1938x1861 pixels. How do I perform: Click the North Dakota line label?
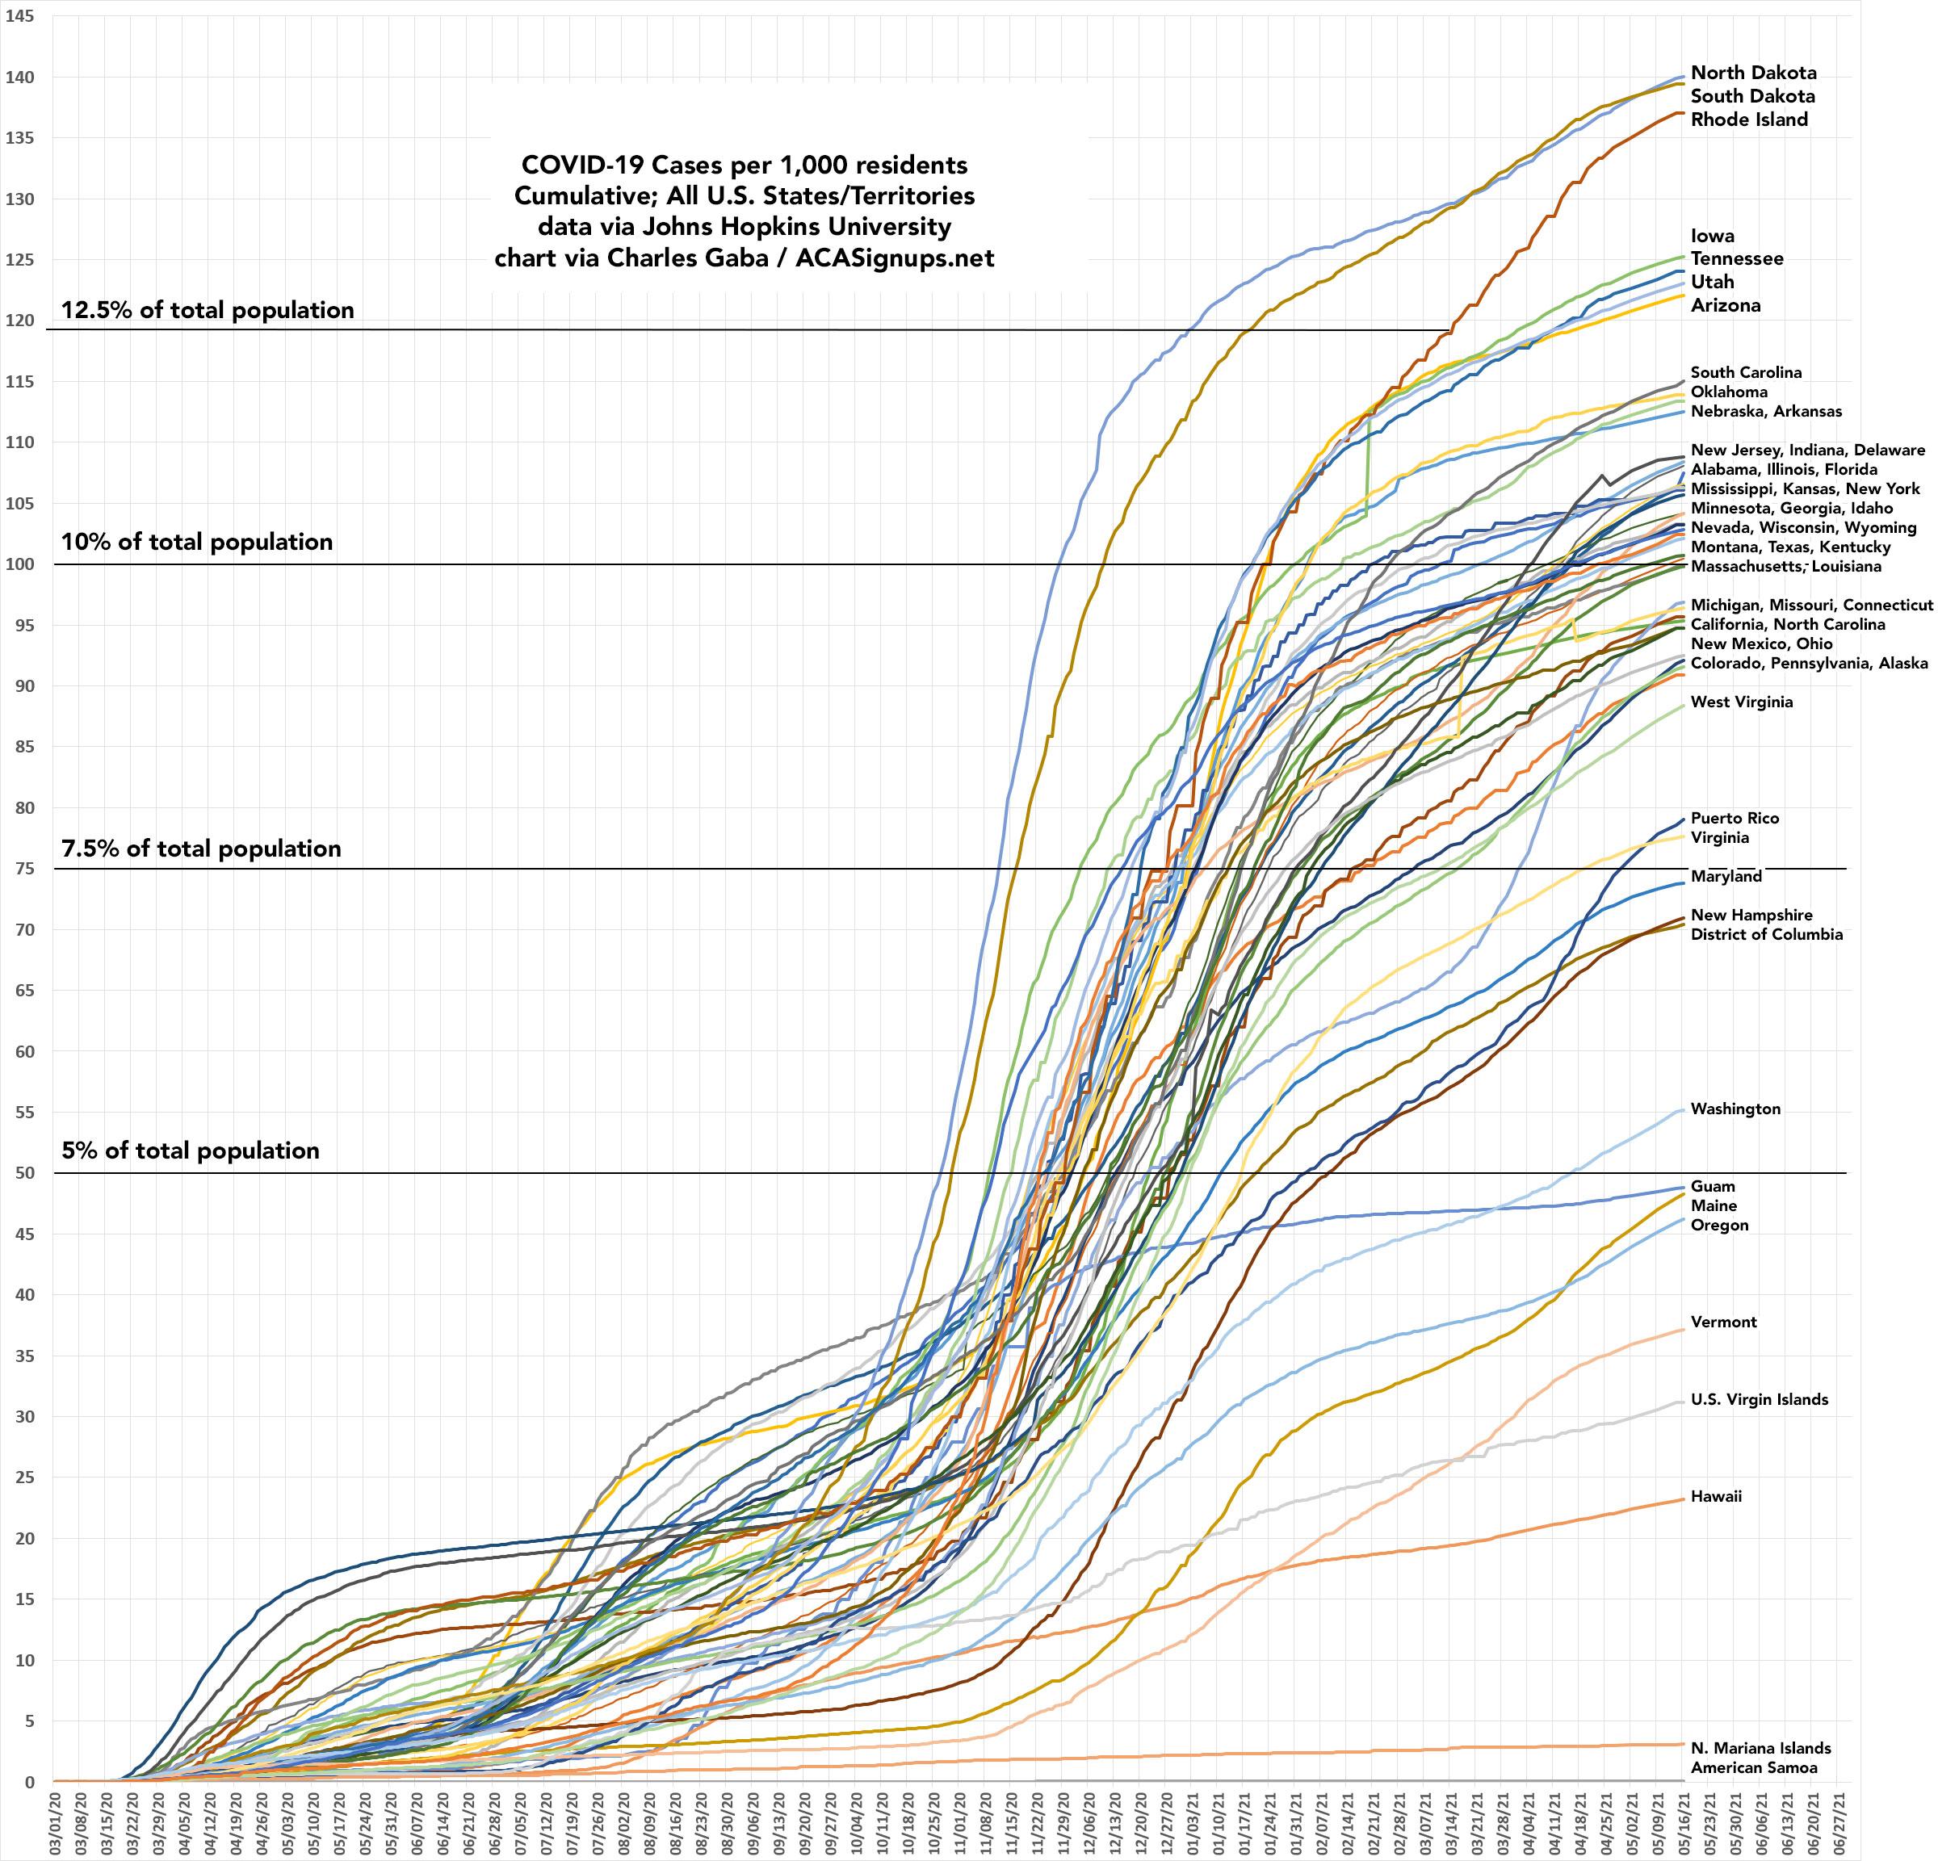(x=1753, y=73)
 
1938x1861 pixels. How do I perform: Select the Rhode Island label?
(x=1749, y=119)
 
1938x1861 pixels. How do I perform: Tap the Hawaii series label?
(x=1714, y=1496)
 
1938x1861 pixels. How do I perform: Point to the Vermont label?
(x=1723, y=1322)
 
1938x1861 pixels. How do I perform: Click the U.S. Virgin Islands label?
(x=1759, y=1399)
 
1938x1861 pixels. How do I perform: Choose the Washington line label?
(x=1735, y=1109)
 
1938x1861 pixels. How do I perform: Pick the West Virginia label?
(x=1741, y=702)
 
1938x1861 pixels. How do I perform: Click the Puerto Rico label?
(x=1735, y=818)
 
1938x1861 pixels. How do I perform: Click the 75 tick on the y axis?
(x=23, y=870)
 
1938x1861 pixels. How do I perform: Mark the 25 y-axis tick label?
(x=23, y=1477)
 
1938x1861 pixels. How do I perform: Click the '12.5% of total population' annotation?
(x=208, y=311)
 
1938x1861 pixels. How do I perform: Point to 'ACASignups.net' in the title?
(x=895, y=259)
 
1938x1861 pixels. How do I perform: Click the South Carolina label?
(x=1745, y=373)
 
